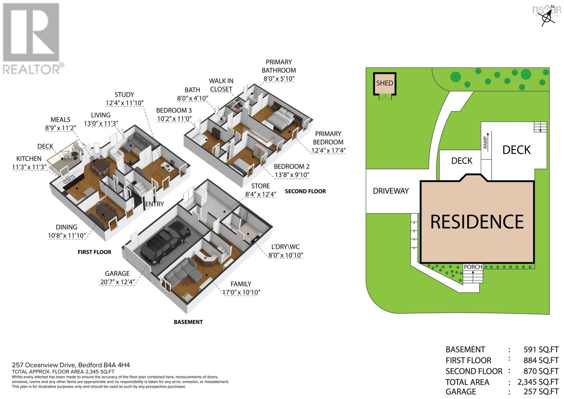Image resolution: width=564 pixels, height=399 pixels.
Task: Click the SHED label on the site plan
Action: coord(385,83)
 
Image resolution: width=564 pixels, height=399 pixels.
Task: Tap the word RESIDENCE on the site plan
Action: coord(477,222)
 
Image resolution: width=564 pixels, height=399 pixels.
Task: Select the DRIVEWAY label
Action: coord(391,191)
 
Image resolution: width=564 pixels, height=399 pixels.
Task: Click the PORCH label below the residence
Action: coord(473,267)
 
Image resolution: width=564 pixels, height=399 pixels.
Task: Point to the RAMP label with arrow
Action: coord(486,143)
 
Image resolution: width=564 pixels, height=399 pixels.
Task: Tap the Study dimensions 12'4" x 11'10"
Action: coord(124,103)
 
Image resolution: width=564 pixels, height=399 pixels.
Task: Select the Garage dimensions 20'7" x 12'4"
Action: coord(117,282)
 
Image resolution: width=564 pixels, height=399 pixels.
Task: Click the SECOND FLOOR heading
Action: coord(305,191)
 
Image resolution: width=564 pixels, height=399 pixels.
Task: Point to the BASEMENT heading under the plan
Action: coord(188,322)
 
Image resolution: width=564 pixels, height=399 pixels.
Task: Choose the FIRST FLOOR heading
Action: coord(94,252)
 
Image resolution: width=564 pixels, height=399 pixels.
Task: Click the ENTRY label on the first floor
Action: coord(155,204)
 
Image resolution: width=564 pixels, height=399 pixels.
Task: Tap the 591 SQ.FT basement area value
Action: coord(541,350)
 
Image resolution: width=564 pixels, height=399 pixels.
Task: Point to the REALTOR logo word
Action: coord(31,69)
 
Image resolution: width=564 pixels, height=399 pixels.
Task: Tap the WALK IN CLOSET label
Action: coord(221,85)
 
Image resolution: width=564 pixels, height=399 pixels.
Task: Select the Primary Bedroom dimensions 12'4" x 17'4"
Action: coord(328,151)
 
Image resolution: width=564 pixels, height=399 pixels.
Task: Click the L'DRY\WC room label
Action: coord(286,247)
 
